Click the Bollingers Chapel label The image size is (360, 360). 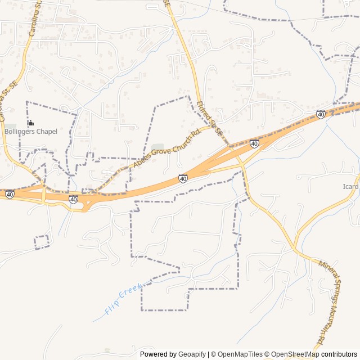click(31, 132)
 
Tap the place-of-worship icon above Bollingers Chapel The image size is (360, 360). click(30, 123)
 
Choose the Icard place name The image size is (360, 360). click(350, 187)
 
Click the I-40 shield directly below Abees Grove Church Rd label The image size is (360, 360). click(183, 178)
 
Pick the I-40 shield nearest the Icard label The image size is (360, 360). click(321, 114)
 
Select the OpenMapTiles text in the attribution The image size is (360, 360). click(240, 354)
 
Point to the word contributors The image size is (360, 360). click(339, 354)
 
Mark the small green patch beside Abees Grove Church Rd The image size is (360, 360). click(157, 148)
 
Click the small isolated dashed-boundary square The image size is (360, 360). click(42, 242)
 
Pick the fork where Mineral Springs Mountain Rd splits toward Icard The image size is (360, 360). click(293, 247)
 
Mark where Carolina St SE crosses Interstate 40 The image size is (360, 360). click(43, 194)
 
